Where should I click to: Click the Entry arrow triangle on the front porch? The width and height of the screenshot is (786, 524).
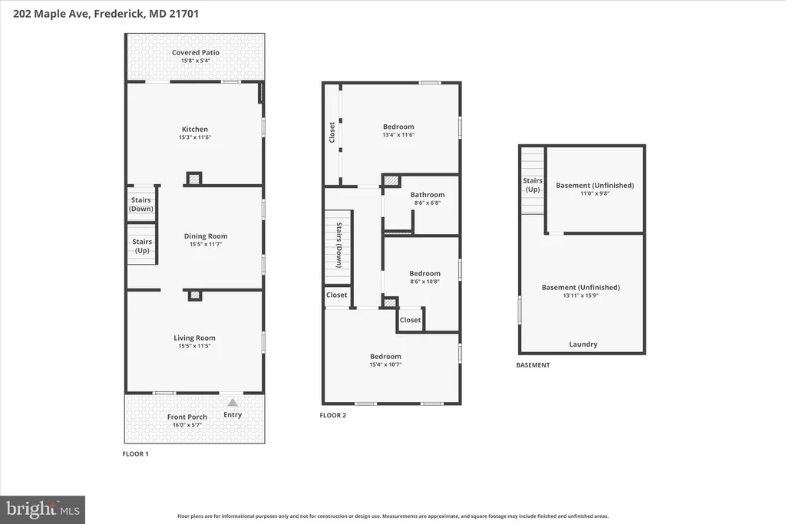point(233,402)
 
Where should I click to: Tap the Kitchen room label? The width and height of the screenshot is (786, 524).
point(194,129)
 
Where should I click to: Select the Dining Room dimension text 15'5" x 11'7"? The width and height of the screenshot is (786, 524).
point(206,245)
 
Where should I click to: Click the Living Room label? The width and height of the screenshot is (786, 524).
point(194,338)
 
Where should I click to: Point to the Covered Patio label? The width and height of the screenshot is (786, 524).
point(196,53)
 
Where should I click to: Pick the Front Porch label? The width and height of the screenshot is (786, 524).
point(187,417)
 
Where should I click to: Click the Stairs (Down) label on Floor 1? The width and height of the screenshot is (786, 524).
point(141,204)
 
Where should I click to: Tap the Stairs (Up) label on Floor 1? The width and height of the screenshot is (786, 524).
point(142,246)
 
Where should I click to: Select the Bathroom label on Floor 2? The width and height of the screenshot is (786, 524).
point(428,195)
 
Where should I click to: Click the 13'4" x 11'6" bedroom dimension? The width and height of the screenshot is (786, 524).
point(398,135)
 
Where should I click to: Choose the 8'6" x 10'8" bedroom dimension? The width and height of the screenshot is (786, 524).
point(424,282)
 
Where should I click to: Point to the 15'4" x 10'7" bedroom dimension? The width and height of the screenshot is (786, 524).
point(385,364)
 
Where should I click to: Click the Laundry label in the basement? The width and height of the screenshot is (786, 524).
point(583,344)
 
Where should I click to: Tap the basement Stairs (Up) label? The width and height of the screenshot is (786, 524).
point(533,185)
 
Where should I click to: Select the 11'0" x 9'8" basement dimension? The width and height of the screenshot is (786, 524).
point(595,193)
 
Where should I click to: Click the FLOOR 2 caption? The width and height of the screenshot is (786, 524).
point(333,415)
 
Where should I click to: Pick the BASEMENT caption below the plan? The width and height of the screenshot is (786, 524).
point(533,365)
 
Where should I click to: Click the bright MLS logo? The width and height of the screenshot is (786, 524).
point(43,510)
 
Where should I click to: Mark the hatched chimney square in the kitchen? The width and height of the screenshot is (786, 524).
point(194,178)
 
